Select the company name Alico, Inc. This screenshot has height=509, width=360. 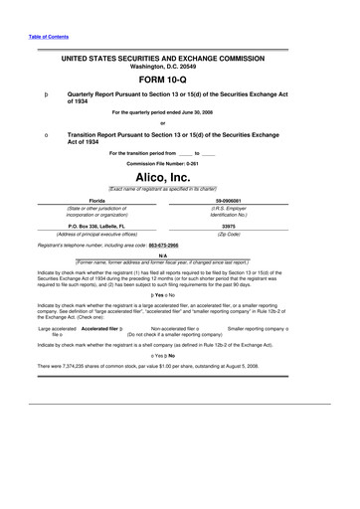coord(180,175)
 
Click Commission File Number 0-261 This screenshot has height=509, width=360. coord(179,162)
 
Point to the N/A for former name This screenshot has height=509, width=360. coord(180,254)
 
